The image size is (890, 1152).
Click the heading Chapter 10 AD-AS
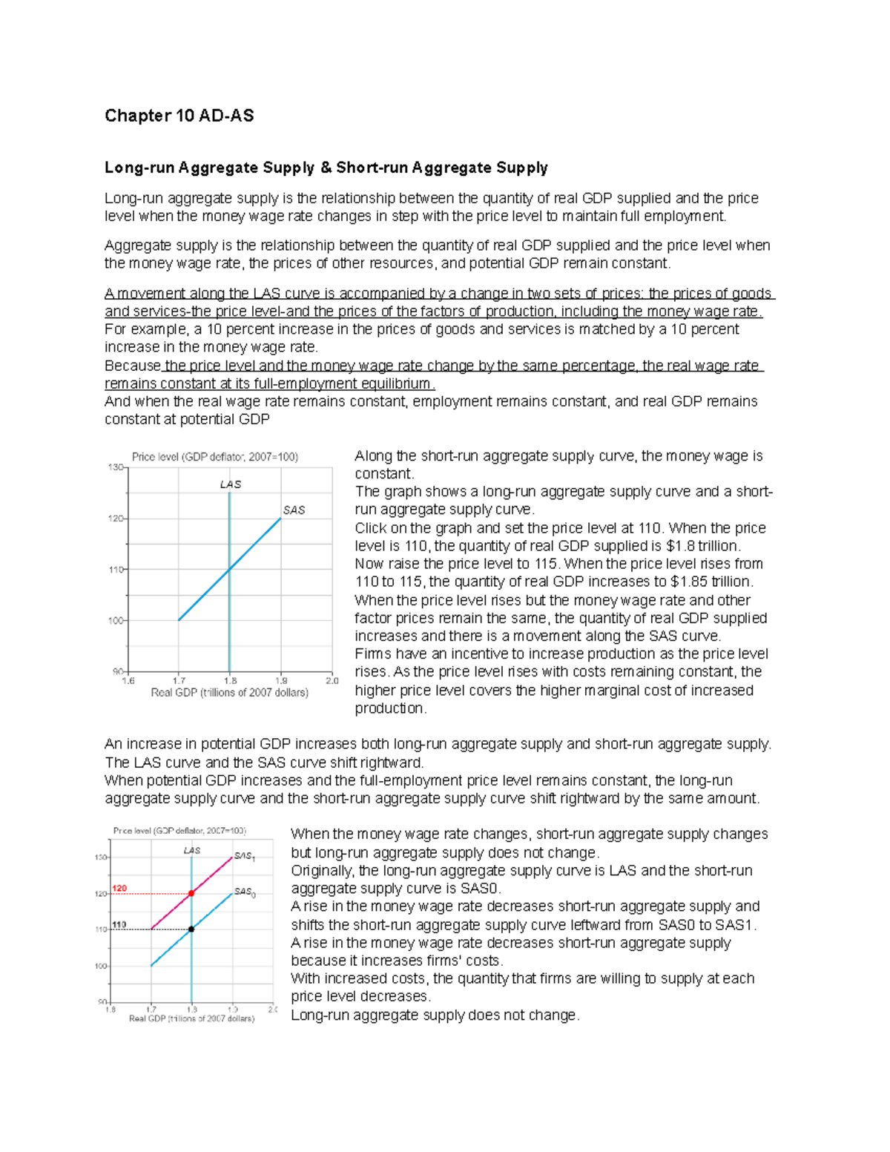179,116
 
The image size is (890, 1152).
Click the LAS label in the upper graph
230,484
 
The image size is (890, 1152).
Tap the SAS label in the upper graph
294,510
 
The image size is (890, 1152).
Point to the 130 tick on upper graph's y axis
116,467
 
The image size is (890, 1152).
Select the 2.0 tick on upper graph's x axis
332,680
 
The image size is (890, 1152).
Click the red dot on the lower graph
191,894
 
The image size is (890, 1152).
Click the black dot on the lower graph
191,929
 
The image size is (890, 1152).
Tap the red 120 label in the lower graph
119,888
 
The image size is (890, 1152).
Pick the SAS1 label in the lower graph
244,856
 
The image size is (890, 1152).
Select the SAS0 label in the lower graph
244,892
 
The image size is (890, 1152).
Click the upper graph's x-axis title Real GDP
229,693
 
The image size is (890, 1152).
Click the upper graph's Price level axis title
214,457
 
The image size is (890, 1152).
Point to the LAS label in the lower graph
192,851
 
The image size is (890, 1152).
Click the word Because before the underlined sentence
132,366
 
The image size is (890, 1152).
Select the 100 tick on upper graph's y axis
116,620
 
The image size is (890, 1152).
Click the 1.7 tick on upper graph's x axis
179,680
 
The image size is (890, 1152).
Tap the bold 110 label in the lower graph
119,925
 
